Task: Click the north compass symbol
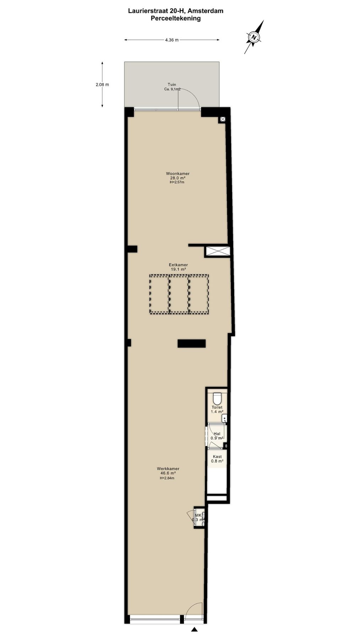254,37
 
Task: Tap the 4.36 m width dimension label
172,40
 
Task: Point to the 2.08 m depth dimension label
102,85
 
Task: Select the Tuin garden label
172,85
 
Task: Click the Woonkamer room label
178,174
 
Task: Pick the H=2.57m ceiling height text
177,182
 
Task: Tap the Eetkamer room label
178,265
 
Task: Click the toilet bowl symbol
217,398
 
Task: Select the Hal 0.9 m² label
217,436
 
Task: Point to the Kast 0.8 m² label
217,459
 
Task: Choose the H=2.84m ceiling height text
167,478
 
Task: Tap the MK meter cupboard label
198,515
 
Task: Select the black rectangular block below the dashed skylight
192,343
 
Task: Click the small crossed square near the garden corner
222,119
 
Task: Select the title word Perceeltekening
176,18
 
